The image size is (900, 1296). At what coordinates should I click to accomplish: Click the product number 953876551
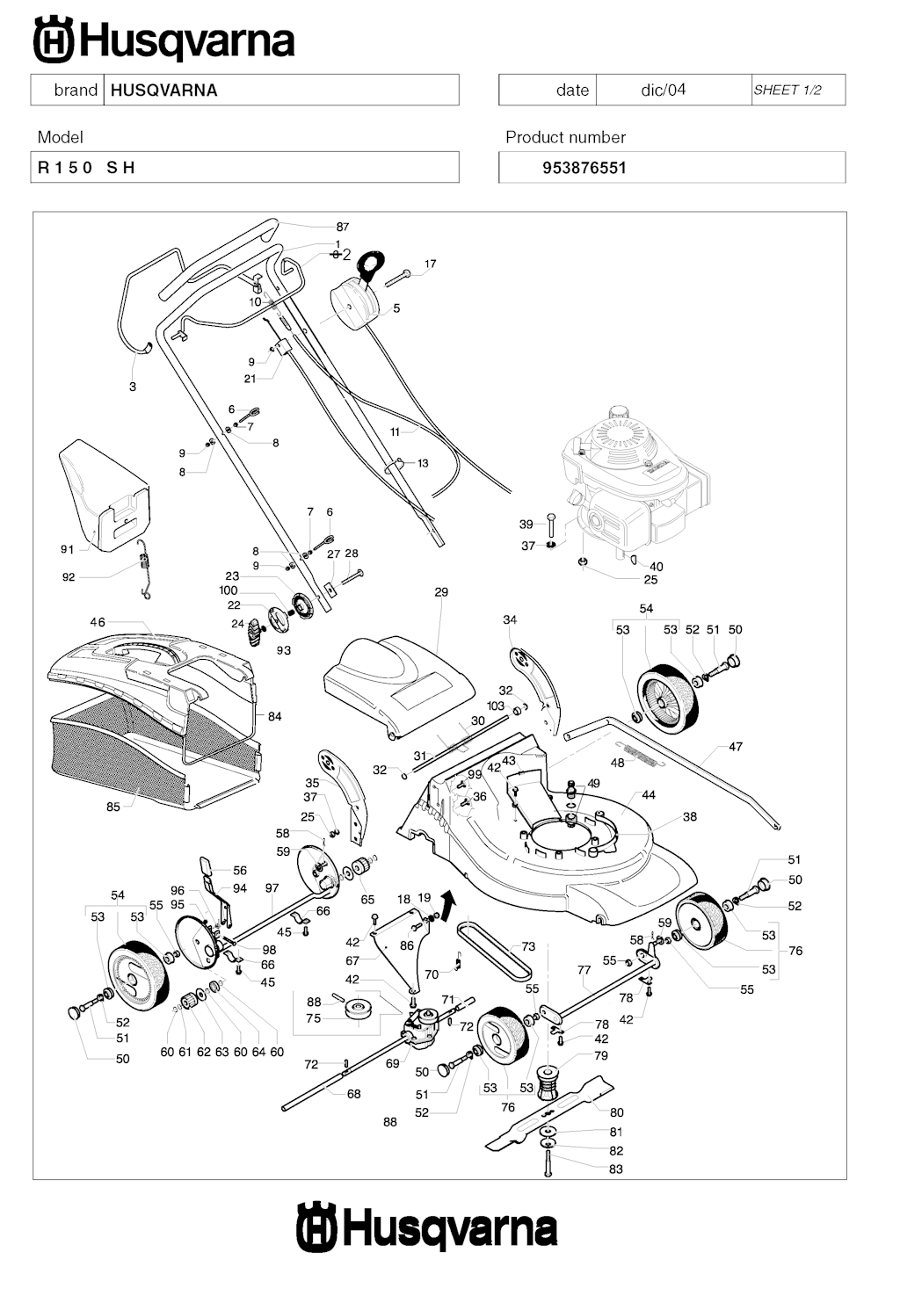point(584,168)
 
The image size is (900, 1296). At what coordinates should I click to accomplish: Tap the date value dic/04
point(663,90)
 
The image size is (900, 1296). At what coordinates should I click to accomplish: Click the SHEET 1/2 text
point(787,90)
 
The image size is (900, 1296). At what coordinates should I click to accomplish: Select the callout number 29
point(441,592)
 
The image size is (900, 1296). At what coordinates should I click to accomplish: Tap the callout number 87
point(343,227)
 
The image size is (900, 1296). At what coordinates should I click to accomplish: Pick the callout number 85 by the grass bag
point(112,807)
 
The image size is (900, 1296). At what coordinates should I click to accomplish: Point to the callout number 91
point(68,549)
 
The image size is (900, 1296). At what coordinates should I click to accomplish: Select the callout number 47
point(736,747)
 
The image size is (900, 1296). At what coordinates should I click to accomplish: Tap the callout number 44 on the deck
point(649,795)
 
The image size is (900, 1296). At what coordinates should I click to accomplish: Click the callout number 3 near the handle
point(133,387)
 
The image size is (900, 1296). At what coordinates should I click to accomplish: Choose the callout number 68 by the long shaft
point(353,1094)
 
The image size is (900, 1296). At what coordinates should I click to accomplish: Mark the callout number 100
point(229,590)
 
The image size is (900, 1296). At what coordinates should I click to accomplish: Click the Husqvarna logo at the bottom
point(427,1228)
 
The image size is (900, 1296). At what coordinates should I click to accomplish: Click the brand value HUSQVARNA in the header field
point(164,90)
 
